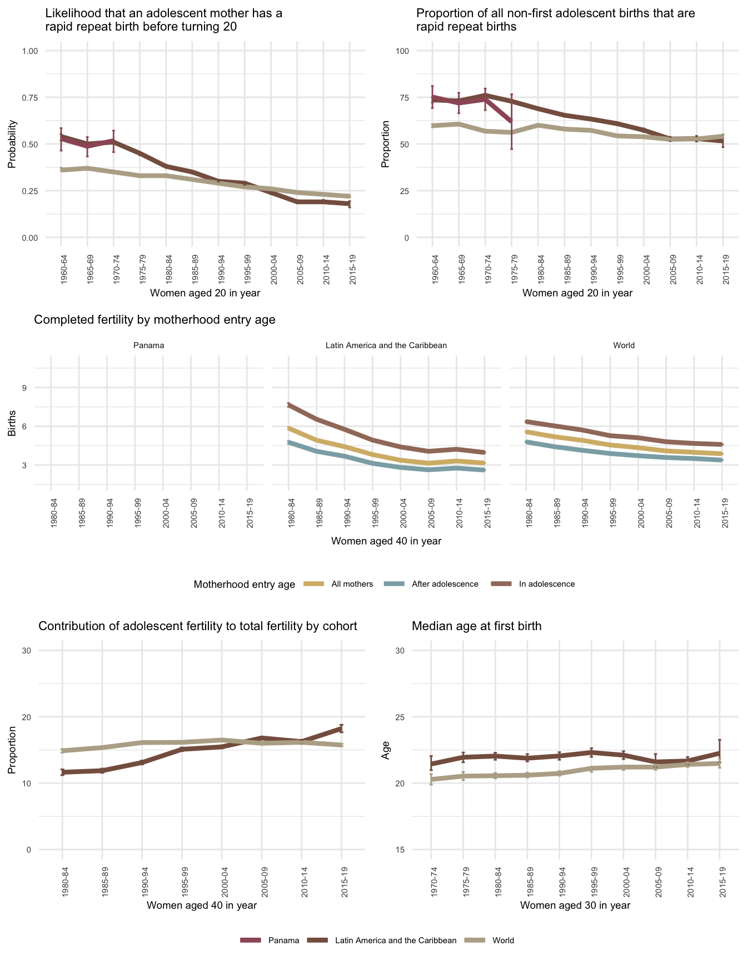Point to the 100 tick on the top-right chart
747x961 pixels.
(x=401, y=51)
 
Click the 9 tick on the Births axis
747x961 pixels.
(x=24, y=388)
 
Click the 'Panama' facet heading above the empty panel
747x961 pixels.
(x=149, y=345)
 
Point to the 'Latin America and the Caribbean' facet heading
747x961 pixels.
(x=386, y=345)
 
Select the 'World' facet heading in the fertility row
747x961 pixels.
(x=624, y=345)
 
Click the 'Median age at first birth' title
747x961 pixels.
(x=476, y=626)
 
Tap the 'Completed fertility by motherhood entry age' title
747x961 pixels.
(x=155, y=320)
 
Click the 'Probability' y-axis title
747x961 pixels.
(x=12, y=144)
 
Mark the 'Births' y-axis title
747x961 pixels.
(x=12, y=426)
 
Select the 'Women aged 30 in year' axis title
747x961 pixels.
(x=575, y=905)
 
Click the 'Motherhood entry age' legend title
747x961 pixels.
(x=244, y=584)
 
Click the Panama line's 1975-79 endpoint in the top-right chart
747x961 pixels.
(x=511, y=121)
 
